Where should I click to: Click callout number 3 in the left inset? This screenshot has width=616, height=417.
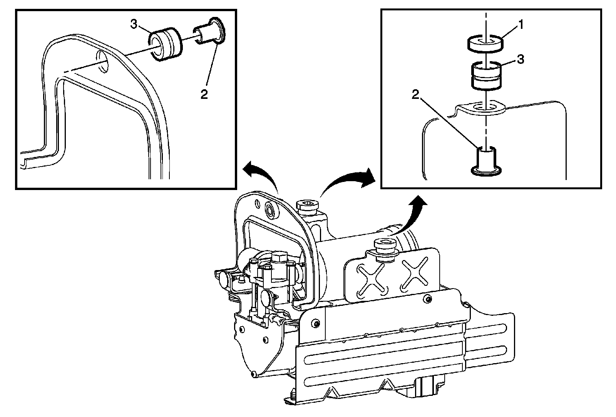134,25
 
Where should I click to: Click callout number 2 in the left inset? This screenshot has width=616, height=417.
204,93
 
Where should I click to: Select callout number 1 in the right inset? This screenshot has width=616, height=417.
520,26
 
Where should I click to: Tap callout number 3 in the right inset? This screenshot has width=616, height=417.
520,59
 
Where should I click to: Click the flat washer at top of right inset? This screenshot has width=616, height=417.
485,43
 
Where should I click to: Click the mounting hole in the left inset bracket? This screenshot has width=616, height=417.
101,61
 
